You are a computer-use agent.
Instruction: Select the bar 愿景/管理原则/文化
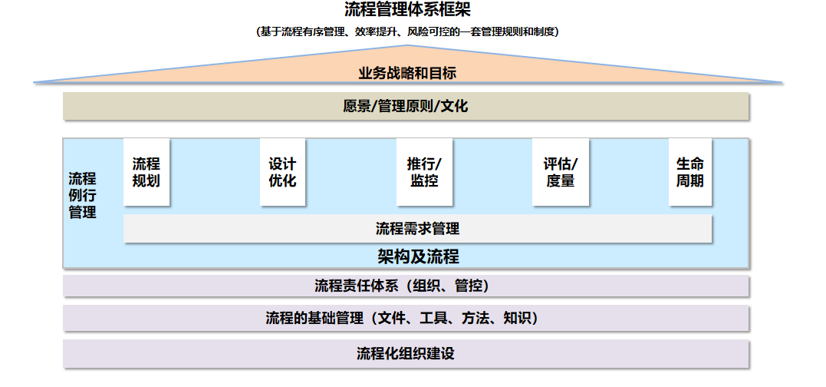(x=406, y=107)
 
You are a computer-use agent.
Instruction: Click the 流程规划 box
(x=146, y=173)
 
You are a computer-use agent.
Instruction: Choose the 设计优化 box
(x=282, y=173)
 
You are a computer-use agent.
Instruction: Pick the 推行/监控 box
(x=424, y=173)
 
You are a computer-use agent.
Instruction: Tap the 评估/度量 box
(x=561, y=173)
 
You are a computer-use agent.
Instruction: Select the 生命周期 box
(x=690, y=173)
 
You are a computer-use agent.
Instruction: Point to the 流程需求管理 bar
(x=418, y=229)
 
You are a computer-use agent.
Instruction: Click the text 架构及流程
(x=418, y=256)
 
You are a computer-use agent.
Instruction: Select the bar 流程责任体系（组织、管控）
(x=406, y=286)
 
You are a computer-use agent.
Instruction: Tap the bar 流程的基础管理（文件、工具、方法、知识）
(x=406, y=318)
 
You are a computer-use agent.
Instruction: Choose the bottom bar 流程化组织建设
(x=406, y=354)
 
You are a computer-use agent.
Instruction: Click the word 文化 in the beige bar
(x=454, y=107)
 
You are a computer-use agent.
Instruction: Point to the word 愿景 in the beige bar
(x=357, y=107)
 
